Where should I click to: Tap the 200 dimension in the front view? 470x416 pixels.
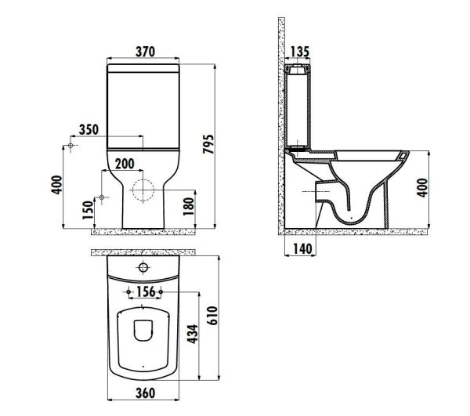click(124, 163)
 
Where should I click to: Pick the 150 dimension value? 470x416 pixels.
click(89, 209)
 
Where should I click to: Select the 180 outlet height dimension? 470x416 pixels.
click(187, 208)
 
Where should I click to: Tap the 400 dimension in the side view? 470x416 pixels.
click(422, 189)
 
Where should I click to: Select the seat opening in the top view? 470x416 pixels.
click(143, 329)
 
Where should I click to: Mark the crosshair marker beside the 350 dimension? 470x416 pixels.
click(70, 147)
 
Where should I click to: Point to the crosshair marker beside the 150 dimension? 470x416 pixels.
click(100, 197)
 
